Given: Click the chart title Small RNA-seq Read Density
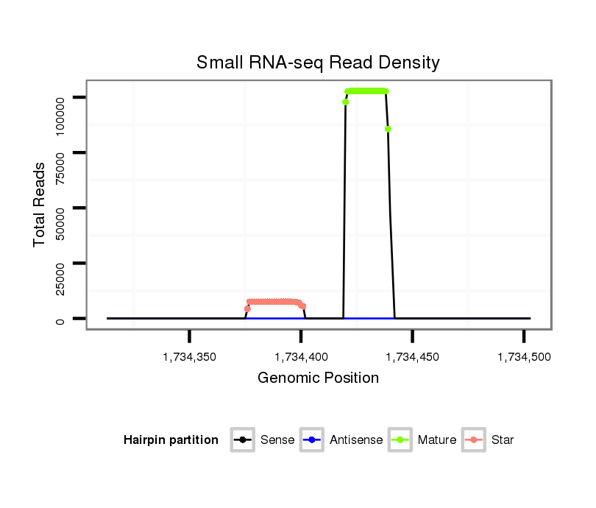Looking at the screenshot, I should pos(318,63).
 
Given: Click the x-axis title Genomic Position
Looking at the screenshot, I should pos(318,378).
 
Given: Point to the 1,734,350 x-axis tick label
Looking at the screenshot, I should pos(190,357).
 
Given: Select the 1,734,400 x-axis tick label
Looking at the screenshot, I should pos(301,357).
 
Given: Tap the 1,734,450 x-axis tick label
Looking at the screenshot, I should pos(413,357).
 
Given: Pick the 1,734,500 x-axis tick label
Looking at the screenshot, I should pos(524,357).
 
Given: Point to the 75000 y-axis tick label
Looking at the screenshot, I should pos(60,163).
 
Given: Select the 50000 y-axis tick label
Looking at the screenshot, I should pos(60,219).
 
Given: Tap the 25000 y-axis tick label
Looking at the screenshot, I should pos(60,274).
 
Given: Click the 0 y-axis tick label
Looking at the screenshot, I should pos(60,319).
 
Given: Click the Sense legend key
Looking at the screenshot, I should pos(242,440).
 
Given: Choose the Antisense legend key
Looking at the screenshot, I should pos(312,440).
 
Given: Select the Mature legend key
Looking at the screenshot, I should pos(400,440).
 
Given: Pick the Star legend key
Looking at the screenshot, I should pos(474,440).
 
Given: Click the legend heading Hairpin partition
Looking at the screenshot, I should pos(171,440).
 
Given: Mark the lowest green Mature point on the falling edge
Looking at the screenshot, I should pos(388,129).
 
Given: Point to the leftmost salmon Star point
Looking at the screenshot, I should pos(247,308).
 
